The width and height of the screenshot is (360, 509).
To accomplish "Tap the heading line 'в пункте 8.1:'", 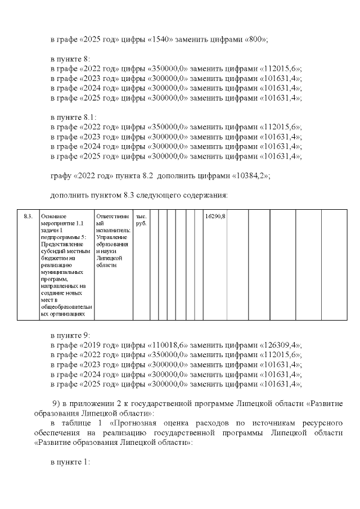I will pyautogui.click(x=73, y=118).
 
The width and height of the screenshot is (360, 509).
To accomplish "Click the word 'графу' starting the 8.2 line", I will pyautogui.click(x=62, y=176).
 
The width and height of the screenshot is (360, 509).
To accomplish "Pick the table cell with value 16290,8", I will pyautogui.click(x=215, y=217).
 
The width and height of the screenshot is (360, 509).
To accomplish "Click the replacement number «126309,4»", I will pyautogui.click(x=280, y=345).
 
